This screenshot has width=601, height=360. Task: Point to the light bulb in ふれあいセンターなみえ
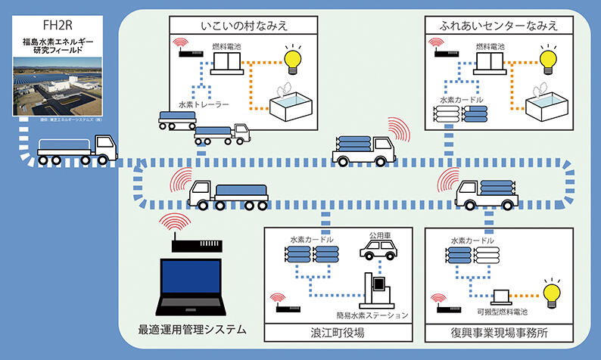point(550,57)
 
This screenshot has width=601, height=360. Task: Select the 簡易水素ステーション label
point(372,315)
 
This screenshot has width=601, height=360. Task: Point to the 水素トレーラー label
point(204,104)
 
